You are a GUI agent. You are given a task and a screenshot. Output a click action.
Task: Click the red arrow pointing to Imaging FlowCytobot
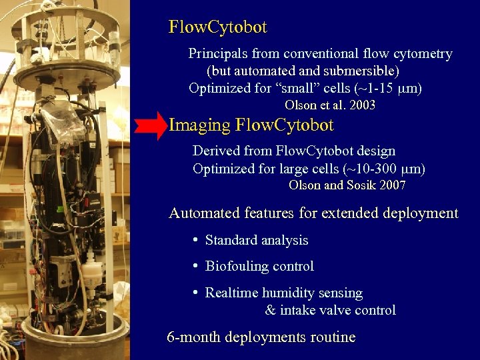(x=150, y=125)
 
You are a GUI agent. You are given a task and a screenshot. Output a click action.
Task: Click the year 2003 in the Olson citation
(x=361, y=105)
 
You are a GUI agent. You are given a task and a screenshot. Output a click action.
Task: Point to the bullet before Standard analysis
(x=195, y=240)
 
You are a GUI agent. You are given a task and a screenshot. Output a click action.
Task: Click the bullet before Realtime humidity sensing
(x=195, y=293)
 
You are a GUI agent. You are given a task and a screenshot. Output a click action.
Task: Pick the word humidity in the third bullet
(x=289, y=293)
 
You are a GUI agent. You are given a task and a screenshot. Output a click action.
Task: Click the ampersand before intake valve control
(x=270, y=311)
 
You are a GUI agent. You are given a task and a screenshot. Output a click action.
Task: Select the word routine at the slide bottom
(x=332, y=337)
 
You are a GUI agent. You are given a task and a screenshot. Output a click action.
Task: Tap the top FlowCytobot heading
(x=218, y=27)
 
